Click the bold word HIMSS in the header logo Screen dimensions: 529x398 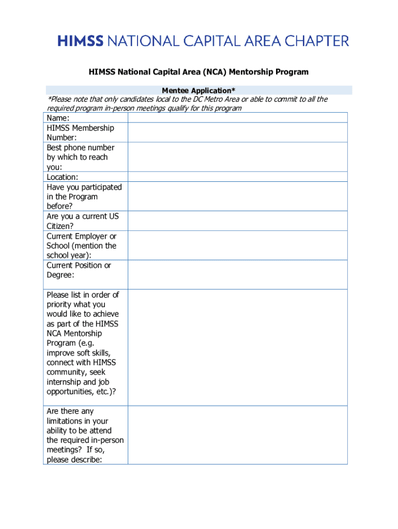(x=81, y=41)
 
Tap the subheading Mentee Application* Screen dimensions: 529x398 (x=198, y=90)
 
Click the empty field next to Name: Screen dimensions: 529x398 (x=237, y=118)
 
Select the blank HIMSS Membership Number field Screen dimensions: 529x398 (x=237, y=132)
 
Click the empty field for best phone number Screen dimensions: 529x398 (x=237, y=157)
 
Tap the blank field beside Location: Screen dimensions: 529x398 (x=237, y=177)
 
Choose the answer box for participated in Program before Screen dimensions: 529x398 (x=237, y=196)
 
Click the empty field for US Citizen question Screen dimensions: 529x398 (x=237, y=221)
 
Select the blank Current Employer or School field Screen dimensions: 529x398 (x=237, y=245)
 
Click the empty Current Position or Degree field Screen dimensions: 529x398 (x=237, y=274)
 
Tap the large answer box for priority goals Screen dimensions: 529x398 (x=237, y=347)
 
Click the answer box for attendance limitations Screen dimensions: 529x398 (x=237, y=435)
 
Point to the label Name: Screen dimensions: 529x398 (x=58, y=118)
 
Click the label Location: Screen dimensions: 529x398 (x=63, y=177)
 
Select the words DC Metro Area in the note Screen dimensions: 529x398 (x=217, y=99)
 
